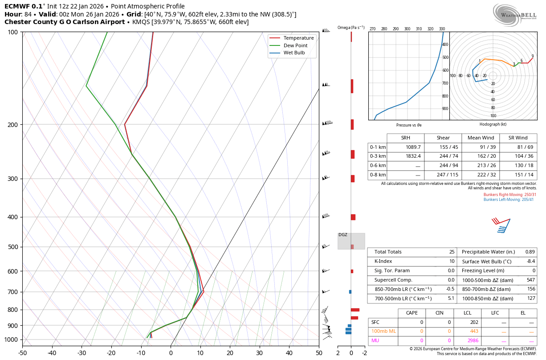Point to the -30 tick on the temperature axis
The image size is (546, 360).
coord(81,353)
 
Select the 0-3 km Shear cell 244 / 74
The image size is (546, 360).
coord(443,156)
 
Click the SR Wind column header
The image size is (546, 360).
coord(518,138)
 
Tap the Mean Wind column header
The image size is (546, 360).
coord(481,138)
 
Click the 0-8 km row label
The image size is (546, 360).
coord(378,175)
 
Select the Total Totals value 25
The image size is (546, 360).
coord(452,252)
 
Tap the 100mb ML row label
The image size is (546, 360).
coord(383,331)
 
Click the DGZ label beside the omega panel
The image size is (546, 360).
coord(343,235)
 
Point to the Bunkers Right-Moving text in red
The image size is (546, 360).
coord(510,195)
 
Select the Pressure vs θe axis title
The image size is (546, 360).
coord(409,125)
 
